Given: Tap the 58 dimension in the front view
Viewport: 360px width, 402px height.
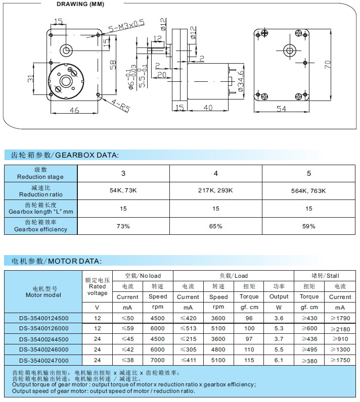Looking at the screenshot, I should (x=113, y=65).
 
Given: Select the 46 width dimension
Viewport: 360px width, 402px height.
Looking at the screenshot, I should (x=74, y=111).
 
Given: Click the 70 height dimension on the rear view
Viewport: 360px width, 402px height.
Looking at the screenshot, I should (x=327, y=64).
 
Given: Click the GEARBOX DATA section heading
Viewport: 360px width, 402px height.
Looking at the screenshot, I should (x=65, y=155).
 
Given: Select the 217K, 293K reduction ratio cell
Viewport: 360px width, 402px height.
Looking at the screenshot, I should (x=216, y=190).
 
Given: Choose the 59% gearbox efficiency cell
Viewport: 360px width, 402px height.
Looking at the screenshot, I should (x=309, y=226).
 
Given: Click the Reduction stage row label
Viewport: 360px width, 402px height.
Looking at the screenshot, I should (x=40, y=173).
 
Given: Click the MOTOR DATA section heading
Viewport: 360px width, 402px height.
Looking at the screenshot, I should (x=57, y=261).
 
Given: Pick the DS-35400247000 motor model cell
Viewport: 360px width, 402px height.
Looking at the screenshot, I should (x=43, y=360).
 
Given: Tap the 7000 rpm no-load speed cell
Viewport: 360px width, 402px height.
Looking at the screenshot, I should (x=158, y=360).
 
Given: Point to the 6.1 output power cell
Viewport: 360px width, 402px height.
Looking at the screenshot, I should (x=279, y=360).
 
